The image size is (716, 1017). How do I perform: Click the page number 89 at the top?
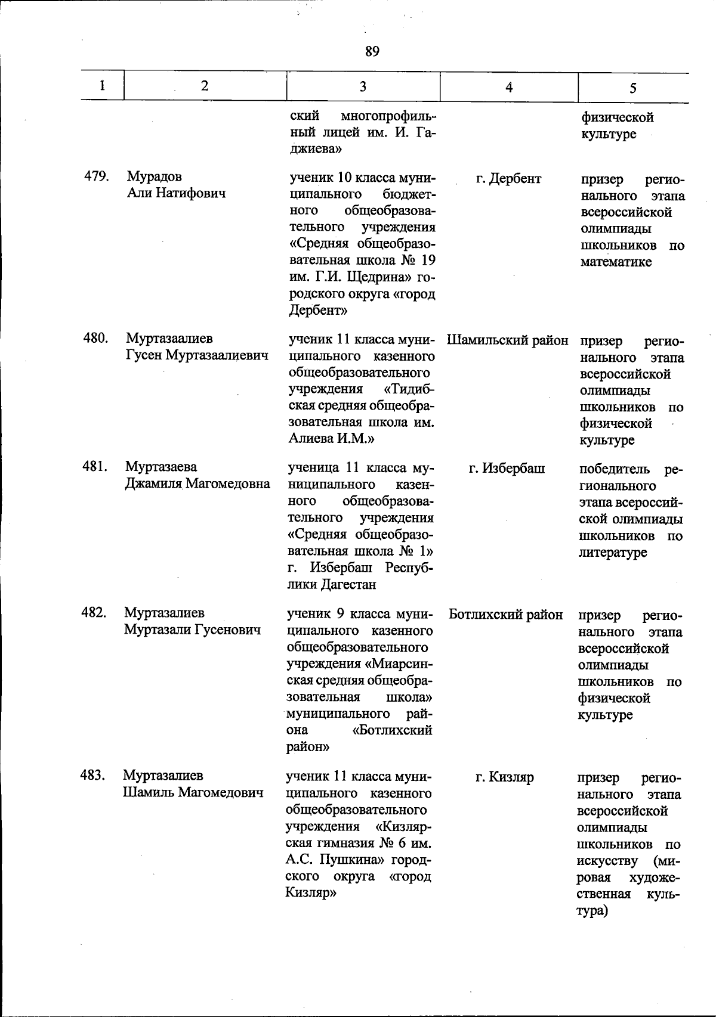(x=372, y=52)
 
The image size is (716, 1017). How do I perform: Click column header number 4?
(x=509, y=87)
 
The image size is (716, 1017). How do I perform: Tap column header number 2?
(x=205, y=86)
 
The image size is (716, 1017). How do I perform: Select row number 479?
(x=95, y=176)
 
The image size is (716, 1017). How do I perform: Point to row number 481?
(x=94, y=467)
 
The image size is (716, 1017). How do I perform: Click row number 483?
(x=93, y=775)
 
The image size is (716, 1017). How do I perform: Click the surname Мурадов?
(x=154, y=177)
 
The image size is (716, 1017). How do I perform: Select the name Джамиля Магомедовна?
(x=197, y=483)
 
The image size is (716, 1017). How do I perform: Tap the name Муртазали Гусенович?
(x=192, y=630)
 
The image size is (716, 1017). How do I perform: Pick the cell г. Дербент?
(x=508, y=178)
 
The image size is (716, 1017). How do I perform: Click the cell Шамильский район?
(x=507, y=340)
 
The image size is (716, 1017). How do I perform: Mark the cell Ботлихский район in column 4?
(x=505, y=615)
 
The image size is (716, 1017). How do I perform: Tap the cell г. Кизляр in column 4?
(x=504, y=777)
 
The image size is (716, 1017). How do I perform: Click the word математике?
(x=616, y=262)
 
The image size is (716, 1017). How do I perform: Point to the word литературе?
(x=612, y=553)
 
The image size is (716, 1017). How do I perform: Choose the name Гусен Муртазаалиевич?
(x=197, y=355)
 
